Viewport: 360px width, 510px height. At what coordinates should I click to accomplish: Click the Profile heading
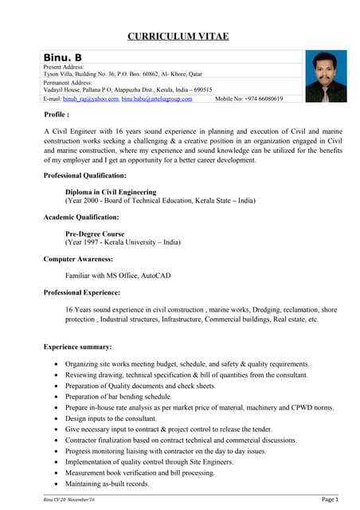[57, 115]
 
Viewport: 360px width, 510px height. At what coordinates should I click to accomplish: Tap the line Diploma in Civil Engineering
[111, 192]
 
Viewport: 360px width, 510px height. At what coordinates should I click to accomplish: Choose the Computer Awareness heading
[78, 259]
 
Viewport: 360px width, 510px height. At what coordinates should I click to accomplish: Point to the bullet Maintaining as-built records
[108, 483]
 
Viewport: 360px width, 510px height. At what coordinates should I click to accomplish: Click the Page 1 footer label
[331, 499]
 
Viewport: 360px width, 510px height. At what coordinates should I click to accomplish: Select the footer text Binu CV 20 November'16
[68, 499]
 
